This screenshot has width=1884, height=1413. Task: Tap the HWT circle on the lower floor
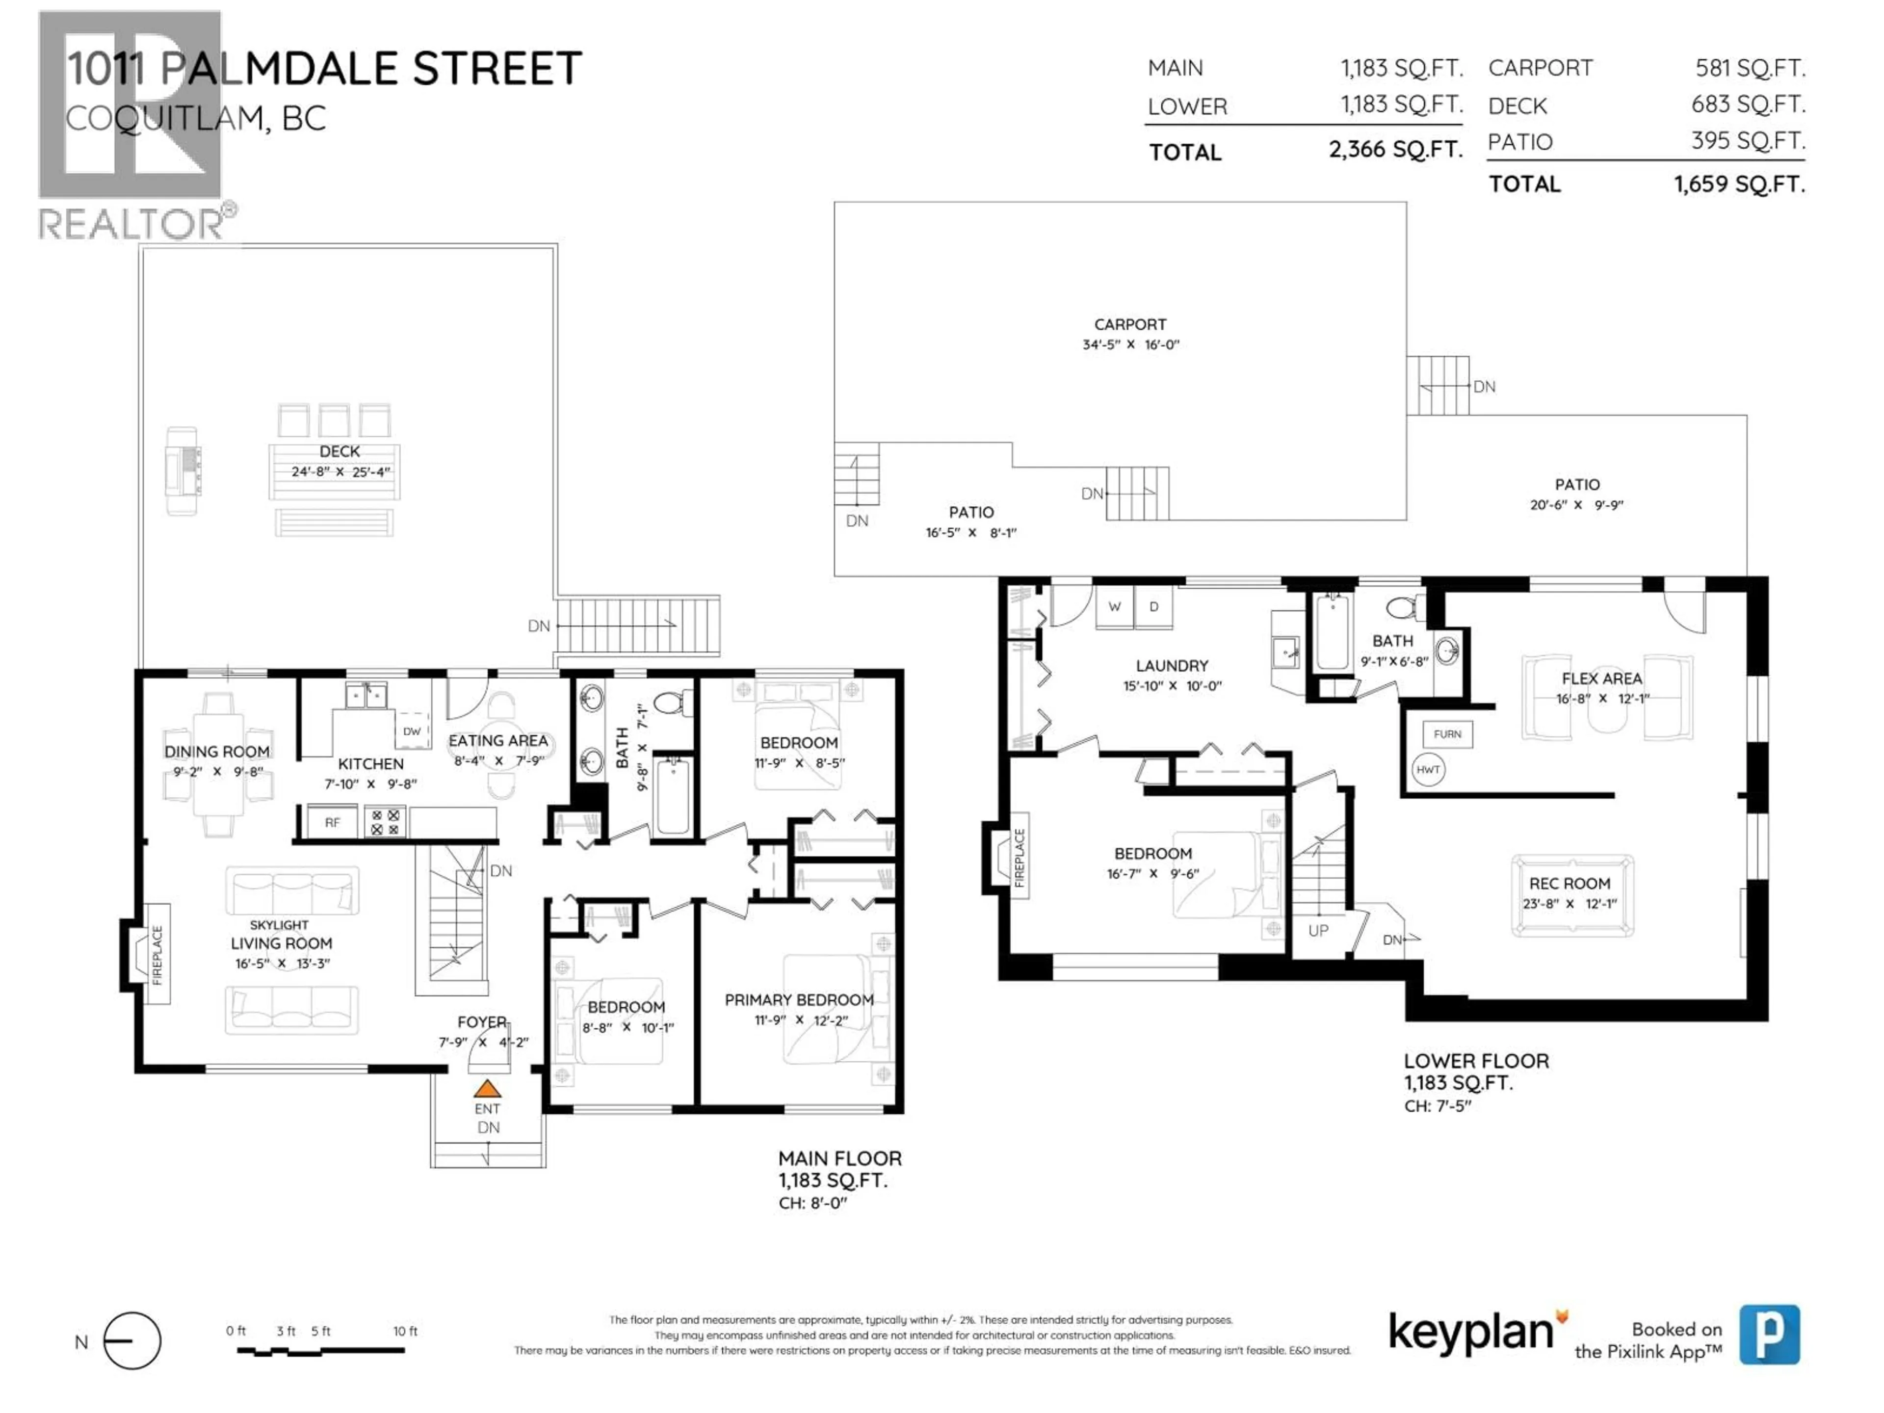[1428, 770]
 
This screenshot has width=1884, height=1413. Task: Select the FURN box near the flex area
[1447, 734]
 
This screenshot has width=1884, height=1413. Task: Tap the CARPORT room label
[1130, 324]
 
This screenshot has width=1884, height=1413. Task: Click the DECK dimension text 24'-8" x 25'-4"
[340, 472]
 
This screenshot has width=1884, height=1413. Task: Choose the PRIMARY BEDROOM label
[799, 1000]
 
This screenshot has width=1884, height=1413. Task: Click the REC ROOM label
[1569, 884]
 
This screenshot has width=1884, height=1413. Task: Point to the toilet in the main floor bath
[672, 704]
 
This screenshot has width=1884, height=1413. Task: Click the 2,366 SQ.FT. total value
[1395, 150]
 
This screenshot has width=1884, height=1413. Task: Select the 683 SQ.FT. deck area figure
[1748, 105]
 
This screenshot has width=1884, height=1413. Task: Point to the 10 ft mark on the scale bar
[405, 1331]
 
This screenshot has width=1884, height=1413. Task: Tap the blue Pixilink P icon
[1769, 1334]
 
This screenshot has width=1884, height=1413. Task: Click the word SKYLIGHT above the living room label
[279, 925]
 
